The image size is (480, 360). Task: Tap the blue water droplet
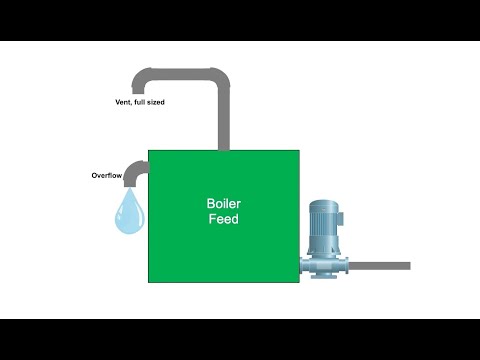[128, 213]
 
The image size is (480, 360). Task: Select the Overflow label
[107, 175]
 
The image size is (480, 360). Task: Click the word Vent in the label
[126, 101]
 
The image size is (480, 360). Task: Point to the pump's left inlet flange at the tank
[304, 266]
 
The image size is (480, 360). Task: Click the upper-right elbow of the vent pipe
[217, 79]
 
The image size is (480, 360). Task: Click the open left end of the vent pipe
[142, 90]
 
